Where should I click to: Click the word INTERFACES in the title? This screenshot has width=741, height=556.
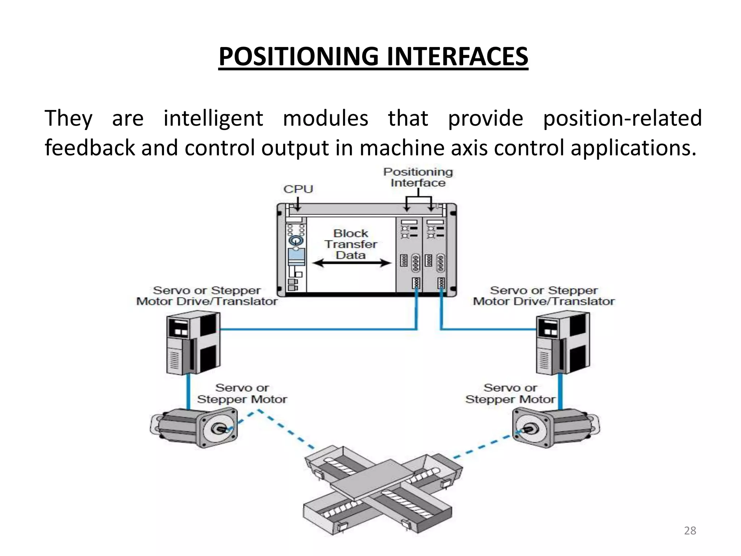click(457, 57)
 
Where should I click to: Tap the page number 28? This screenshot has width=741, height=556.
click(690, 531)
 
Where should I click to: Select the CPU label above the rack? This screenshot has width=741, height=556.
click(298, 189)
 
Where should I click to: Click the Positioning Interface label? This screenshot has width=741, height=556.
click(418, 177)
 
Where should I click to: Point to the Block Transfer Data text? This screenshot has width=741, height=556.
click(350, 244)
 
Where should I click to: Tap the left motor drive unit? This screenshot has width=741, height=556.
click(193, 344)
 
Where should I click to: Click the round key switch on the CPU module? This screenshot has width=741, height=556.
click(296, 240)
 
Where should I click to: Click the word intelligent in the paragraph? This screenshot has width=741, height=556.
click(213, 118)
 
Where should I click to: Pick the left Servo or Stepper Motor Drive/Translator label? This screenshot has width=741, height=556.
click(207, 296)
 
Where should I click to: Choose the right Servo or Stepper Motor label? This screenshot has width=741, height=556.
click(510, 393)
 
